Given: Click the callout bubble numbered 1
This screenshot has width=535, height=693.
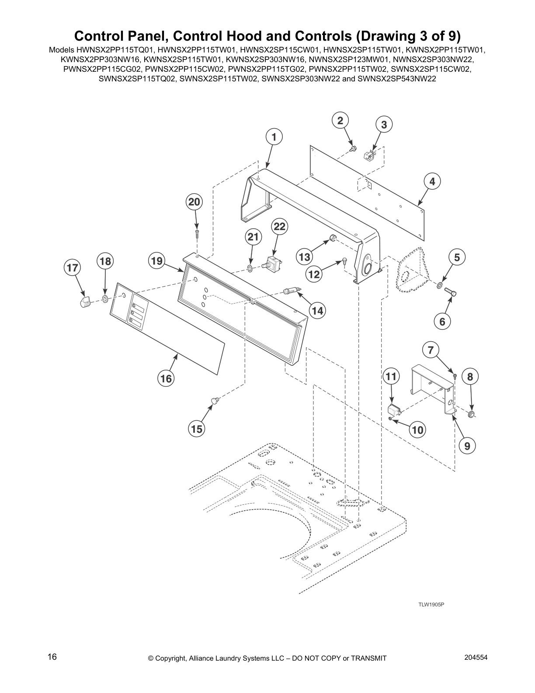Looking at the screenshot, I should click(274, 137).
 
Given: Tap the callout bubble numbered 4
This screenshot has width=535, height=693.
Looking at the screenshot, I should click(432, 181).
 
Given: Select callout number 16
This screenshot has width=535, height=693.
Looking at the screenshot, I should click(166, 378).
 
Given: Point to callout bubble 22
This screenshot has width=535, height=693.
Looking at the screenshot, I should click(279, 226).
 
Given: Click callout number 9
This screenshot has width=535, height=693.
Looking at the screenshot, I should click(467, 446).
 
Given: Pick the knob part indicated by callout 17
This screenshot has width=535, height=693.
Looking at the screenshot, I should click(85, 301).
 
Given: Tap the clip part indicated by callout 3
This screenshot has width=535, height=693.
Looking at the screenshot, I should click(369, 155).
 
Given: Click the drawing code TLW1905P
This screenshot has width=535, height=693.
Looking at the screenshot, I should click(431, 605).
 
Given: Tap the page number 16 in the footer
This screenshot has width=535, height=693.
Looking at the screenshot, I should click(52, 657).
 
